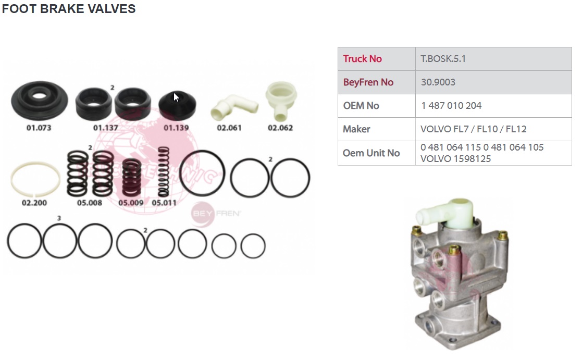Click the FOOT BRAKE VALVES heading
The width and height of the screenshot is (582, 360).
pyautogui.click(x=69, y=8)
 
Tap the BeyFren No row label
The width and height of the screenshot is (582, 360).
pyautogui.click(x=368, y=82)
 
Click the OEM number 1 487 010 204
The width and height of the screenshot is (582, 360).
pyautogui.click(x=451, y=106)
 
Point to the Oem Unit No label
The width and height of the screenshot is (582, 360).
pyautogui.click(x=371, y=153)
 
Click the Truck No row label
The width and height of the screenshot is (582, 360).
pyautogui.click(x=362, y=59)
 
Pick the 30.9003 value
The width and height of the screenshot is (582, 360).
pyautogui.click(x=438, y=82)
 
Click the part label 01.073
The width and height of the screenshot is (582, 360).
pyautogui.click(x=39, y=128)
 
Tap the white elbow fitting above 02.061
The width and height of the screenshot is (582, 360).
pyautogui.click(x=234, y=107)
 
